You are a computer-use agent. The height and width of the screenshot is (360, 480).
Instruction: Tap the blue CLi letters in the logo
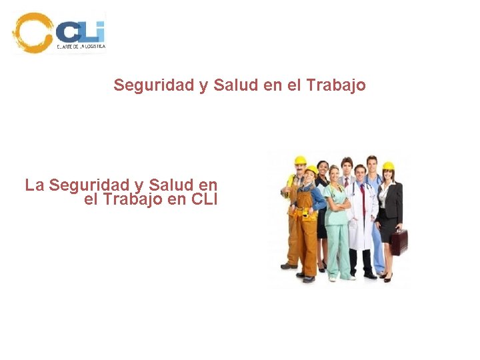click(80, 31)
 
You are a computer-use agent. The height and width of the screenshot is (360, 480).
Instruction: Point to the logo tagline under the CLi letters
click(81, 47)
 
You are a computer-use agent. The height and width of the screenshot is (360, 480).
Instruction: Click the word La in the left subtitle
click(35, 185)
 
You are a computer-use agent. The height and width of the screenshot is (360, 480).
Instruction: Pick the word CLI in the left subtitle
click(204, 199)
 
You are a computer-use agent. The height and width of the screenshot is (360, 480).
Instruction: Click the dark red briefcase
click(399, 241)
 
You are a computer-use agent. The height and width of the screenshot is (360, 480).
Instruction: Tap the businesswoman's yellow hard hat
click(388, 166)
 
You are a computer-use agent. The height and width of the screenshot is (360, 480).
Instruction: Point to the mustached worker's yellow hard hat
click(300, 160)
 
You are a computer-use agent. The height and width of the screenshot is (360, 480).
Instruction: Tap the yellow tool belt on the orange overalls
click(306, 213)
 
